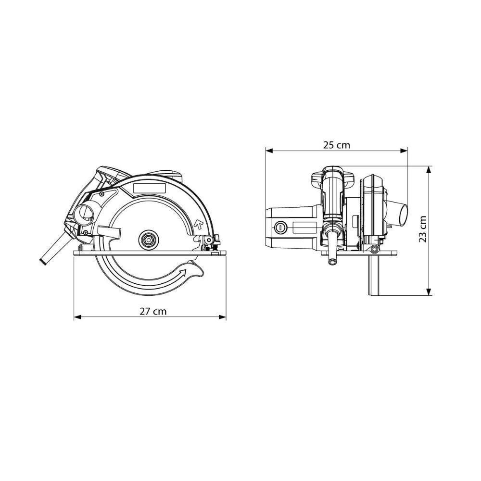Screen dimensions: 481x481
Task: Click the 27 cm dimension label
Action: point(153,311)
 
